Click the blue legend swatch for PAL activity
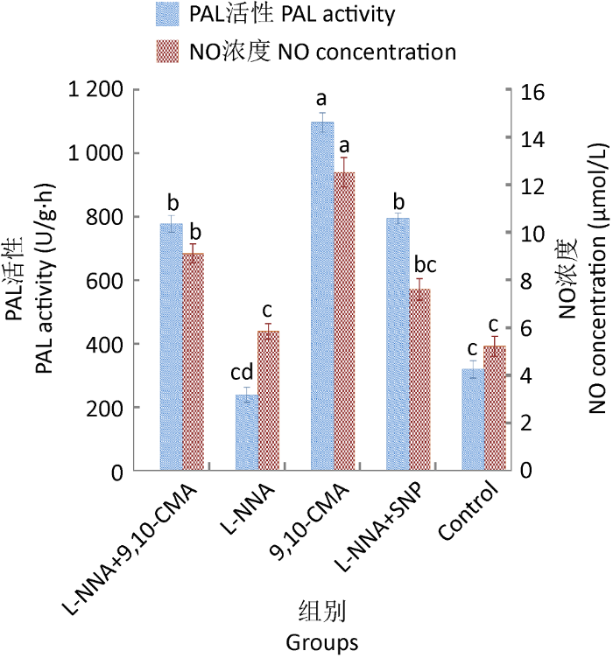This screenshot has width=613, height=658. coord(166,15)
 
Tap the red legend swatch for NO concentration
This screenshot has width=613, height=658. coord(166,52)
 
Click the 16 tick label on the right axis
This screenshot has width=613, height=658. coord(533,91)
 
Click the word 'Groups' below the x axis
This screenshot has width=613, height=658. coord(321,642)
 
